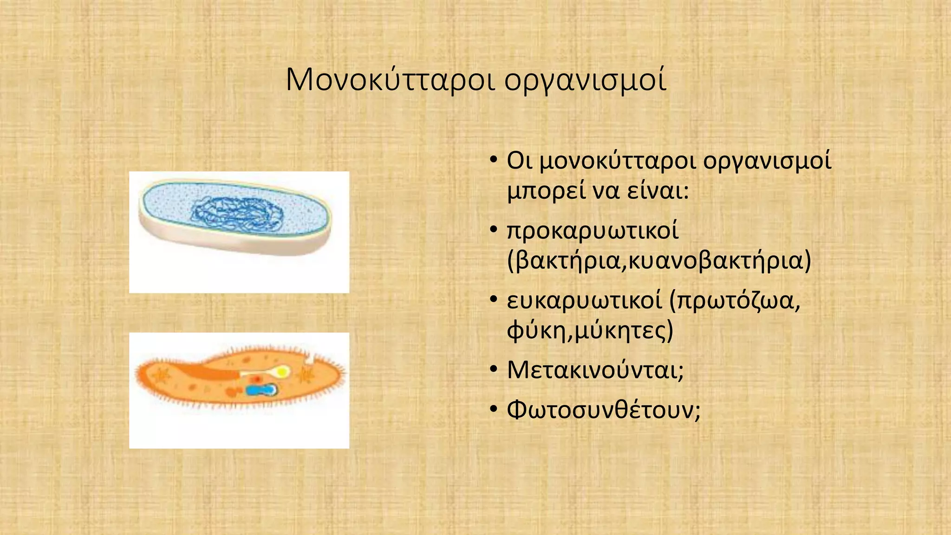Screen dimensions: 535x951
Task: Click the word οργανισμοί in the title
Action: click(586, 80)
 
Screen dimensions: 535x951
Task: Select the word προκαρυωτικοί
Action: click(593, 231)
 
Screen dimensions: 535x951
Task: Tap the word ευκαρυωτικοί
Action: click(584, 300)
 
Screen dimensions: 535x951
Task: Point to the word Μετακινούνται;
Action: click(595, 371)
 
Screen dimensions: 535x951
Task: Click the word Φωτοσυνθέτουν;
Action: click(603, 410)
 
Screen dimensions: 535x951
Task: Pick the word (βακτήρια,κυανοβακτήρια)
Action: click(659, 261)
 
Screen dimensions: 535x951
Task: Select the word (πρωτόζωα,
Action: click(735, 300)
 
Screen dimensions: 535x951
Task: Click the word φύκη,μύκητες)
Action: click(590, 331)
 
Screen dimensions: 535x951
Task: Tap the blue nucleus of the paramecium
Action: click(261, 390)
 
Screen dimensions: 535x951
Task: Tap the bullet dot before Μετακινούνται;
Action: click(494, 371)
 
